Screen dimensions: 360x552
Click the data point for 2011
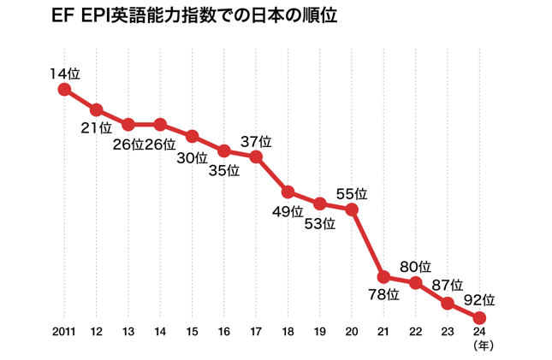click(x=64, y=89)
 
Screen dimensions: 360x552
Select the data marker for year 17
click(x=256, y=156)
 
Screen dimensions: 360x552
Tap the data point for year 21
click(x=384, y=276)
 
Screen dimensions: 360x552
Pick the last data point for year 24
click(x=480, y=317)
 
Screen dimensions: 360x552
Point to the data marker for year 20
click(x=352, y=209)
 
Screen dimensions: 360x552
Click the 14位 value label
click(x=64, y=74)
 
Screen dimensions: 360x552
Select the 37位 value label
click(x=256, y=141)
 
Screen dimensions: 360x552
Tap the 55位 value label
click(x=352, y=193)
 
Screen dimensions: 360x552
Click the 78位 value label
click(x=384, y=295)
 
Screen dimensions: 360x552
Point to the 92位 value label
click(x=480, y=300)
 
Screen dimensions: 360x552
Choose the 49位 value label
click(x=288, y=210)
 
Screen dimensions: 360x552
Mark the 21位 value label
click(x=96, y=128)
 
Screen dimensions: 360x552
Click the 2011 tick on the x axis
click(x=64, y=332)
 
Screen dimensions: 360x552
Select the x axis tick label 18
click(x=288, y=332)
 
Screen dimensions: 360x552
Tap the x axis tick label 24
click(x=480, y=332)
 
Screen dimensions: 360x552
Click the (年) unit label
click(x=480, y=345)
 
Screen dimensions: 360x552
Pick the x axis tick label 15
click(x=192, y=332)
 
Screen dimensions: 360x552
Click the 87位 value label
click(x=448, y=285)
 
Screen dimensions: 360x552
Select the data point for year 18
click(x=288, y=192)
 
